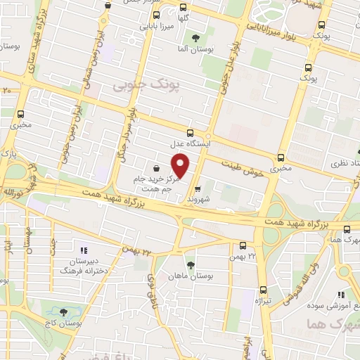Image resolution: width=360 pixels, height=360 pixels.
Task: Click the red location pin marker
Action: [181, 165]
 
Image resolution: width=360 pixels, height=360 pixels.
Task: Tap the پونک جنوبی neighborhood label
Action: [137, 85]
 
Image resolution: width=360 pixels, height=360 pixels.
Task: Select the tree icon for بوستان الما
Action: [195, 38]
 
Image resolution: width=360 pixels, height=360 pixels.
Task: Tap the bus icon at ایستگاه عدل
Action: [190, 132]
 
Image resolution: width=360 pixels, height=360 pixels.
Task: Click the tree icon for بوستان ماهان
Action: [191, 265]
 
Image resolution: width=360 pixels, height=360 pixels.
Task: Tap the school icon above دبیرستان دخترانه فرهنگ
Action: [83, 250]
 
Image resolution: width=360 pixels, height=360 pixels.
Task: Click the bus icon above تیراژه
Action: [263, 289]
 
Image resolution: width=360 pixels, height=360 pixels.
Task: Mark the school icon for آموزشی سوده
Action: [341, 294]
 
